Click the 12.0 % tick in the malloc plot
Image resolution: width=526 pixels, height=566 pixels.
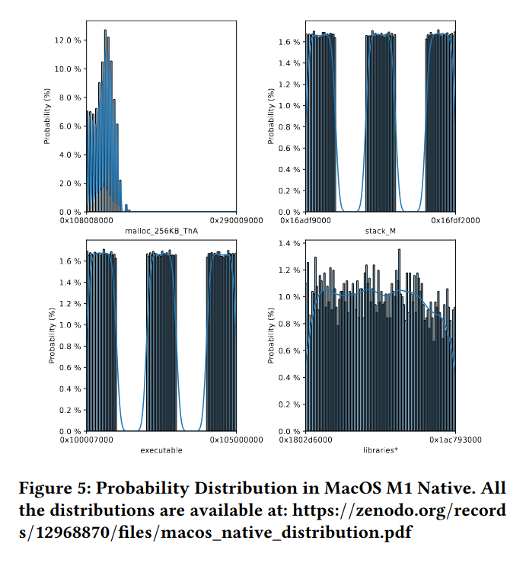(x=68, y=40)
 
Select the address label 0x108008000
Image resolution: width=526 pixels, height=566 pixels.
(x=86, y=220)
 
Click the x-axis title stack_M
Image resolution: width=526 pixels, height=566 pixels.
(x=380, y=230)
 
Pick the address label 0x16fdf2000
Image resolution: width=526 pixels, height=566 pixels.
(x=455, y=220)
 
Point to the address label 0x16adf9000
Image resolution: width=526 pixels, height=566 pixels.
(x=306, y=220)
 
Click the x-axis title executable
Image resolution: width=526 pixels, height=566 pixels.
(x=161, y=450)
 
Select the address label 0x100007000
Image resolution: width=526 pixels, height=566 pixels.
(x=86, y=440)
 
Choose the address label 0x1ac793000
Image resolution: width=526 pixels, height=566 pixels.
(x=455, y=440)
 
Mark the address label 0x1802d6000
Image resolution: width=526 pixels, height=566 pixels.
(x=306, y=440)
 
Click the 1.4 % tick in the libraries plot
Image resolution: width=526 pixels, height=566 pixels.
(x=290, y=244)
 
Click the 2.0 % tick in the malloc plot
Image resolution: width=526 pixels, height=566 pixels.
(x=70, y=184)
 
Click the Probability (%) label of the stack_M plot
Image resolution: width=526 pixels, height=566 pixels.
(x=272, y=117)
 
